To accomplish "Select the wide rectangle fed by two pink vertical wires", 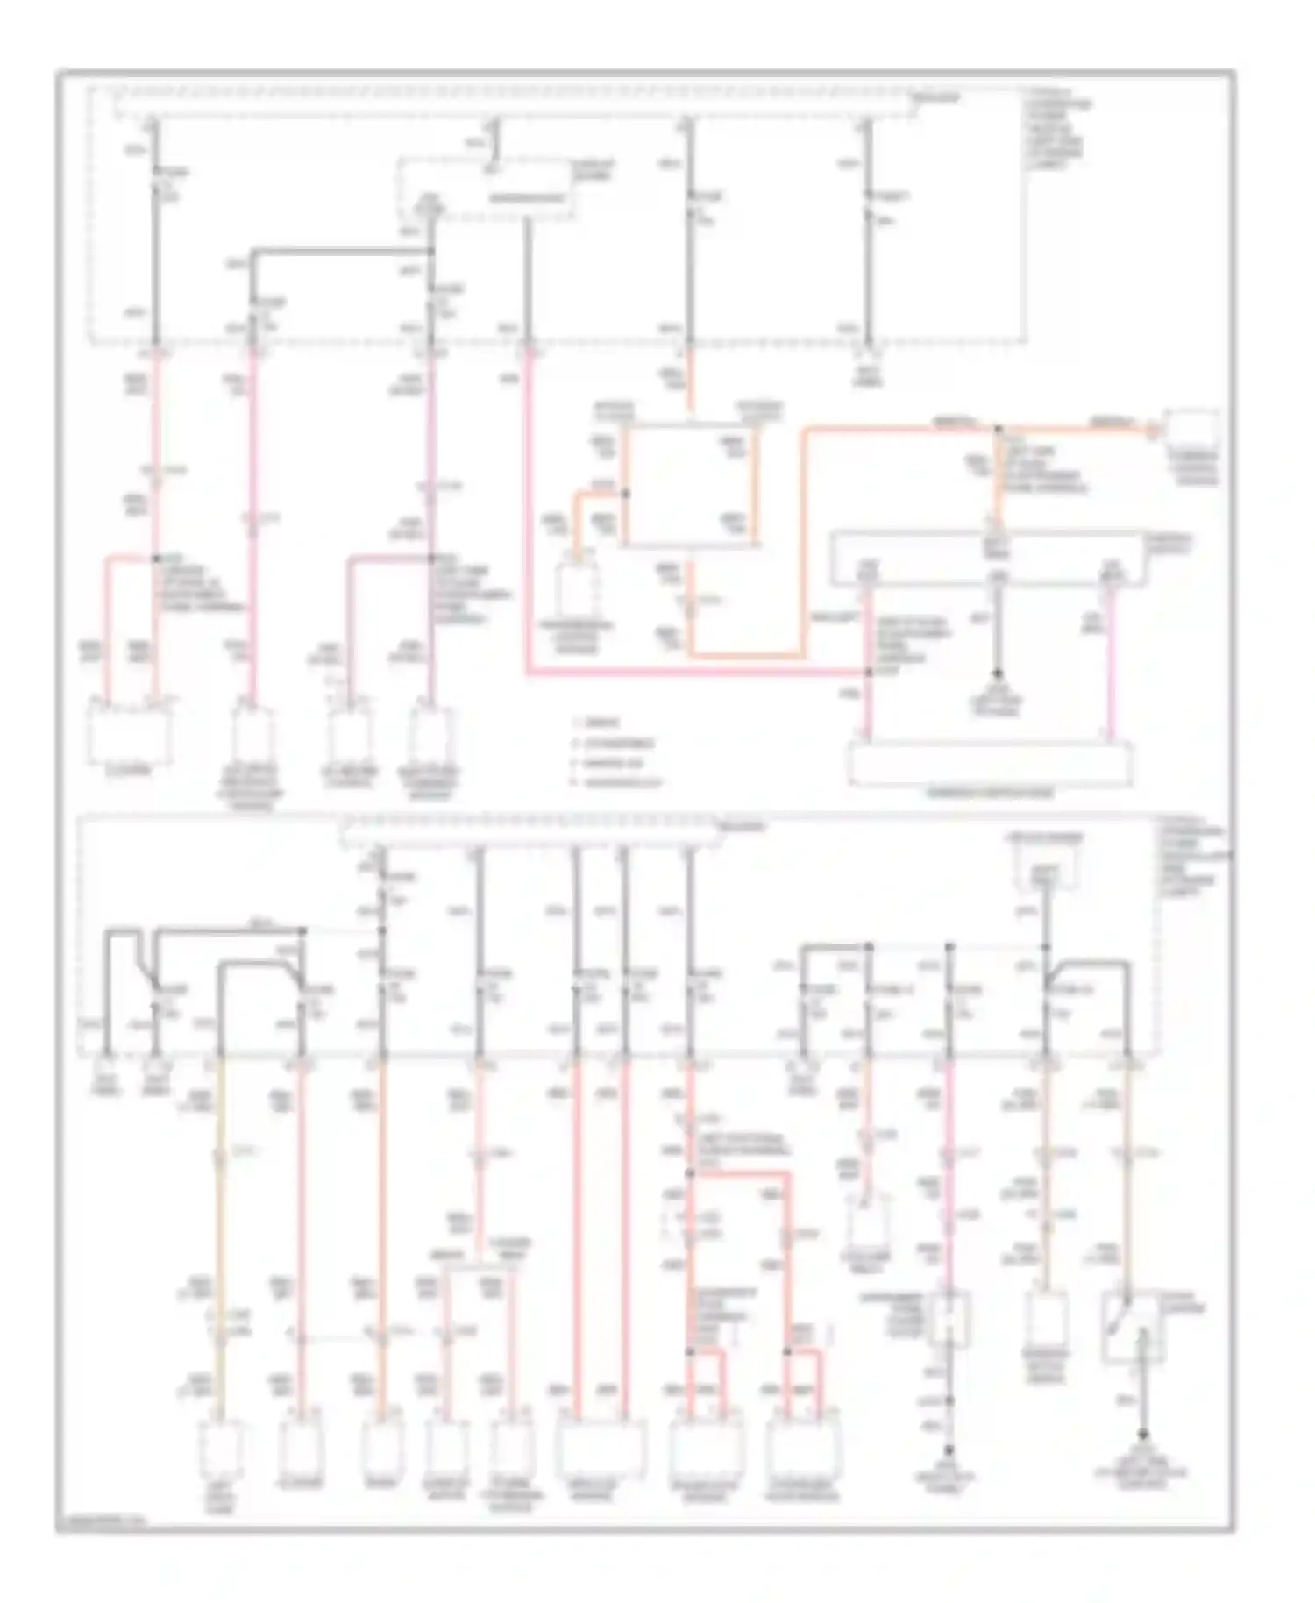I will (990, 764).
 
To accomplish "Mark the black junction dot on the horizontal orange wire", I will (998, 430).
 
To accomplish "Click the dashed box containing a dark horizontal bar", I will (487, 188).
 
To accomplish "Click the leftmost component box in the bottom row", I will (220, 1449).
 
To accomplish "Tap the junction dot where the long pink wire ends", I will (869, 673).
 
